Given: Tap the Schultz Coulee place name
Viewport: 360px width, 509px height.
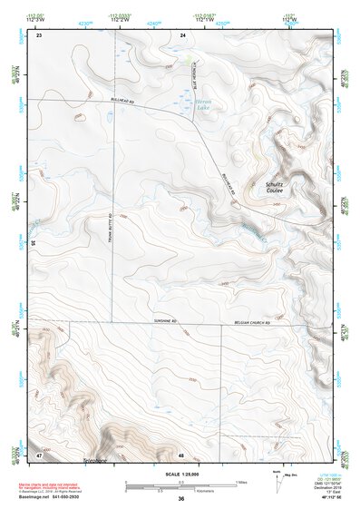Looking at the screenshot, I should (x=274, y=188).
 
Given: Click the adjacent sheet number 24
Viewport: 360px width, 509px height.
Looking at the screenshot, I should (x=182, y=34).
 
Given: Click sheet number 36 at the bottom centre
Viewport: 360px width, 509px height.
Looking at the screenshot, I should (x=181, y=498).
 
